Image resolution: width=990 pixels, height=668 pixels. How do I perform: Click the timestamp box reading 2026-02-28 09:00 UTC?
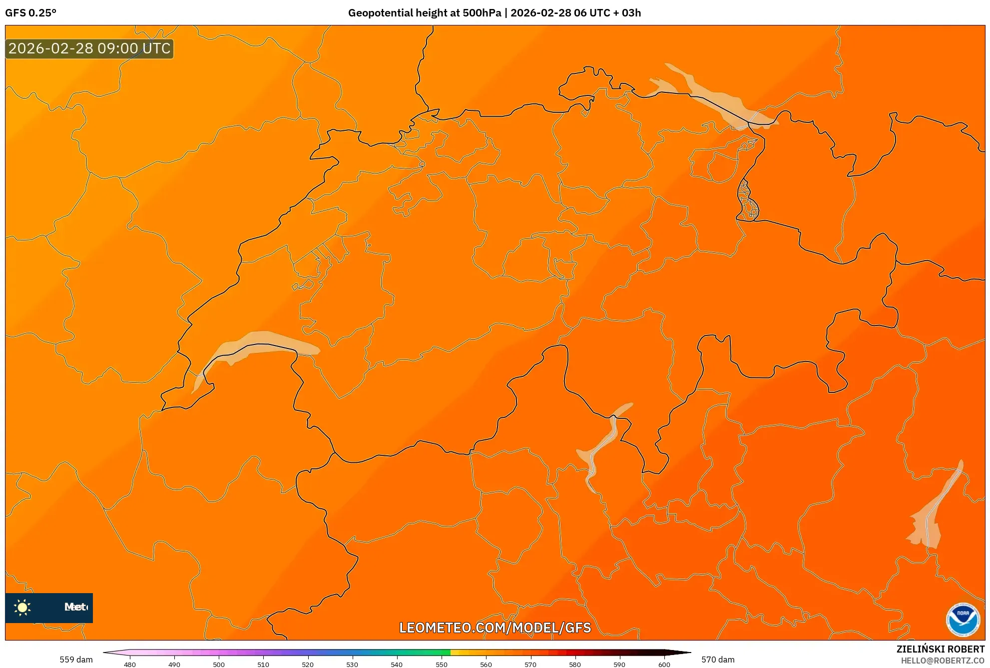tap(89, 48)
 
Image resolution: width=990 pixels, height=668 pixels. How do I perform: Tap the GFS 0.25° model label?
tap(31, 13)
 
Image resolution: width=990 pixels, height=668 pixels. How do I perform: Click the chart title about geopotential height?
tap(494, 13)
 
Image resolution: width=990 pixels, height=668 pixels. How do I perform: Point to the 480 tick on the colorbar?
tap(130, 664)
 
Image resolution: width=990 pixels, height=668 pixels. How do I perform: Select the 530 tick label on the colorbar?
tap(352, 664)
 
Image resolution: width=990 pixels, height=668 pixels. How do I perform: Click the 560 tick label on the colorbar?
tap(486, 664)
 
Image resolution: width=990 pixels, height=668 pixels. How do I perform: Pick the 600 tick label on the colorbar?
tap(664, 664)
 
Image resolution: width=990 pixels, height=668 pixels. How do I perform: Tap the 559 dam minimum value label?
tap(76, 660)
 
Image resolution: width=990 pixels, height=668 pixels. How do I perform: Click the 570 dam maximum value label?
tap(718, 660)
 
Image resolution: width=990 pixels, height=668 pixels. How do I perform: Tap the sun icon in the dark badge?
tap(22, 607)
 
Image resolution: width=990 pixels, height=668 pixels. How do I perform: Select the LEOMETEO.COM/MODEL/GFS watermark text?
tap(495, 628)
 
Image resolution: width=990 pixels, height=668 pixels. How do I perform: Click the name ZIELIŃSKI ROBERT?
tap(940, 649)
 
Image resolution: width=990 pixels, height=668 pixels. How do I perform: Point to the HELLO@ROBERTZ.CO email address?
tap(943, 661)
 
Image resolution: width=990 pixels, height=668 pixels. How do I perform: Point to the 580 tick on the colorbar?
tap(575, 664)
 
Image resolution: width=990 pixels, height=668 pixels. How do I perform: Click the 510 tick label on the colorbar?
tap(263, 664)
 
